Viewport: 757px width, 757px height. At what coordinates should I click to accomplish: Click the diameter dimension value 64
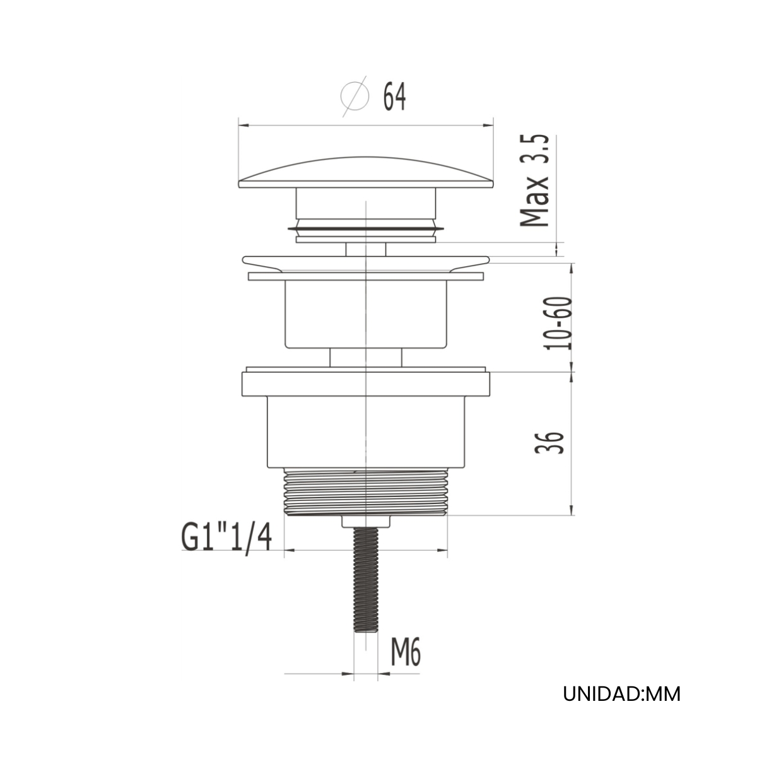(394, 97)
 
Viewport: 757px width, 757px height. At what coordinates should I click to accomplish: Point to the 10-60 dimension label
(558, 323)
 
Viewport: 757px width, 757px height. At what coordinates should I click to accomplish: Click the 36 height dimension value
(549, 443)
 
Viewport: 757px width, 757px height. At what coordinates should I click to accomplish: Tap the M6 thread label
(406, 652)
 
